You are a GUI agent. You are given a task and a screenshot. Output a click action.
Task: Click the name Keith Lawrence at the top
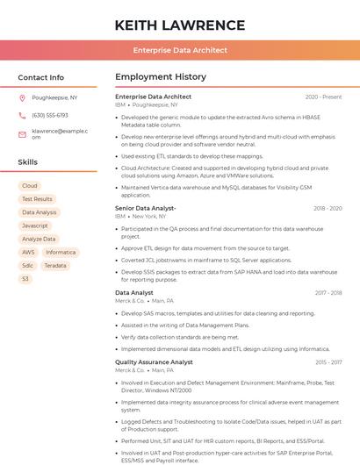pos(180,25)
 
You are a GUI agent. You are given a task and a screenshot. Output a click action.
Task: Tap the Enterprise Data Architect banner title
pos(180,51)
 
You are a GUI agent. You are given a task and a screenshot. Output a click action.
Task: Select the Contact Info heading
pos(41,77)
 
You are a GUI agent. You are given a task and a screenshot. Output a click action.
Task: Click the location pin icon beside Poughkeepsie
pos(23,98)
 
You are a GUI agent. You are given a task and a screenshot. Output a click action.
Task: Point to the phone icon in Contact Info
pos(23,116)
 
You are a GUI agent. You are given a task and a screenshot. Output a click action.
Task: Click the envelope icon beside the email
pos(23,133)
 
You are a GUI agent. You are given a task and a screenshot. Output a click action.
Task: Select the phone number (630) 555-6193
pos(50,116)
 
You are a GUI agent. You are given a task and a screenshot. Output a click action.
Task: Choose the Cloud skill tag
pos(30,186)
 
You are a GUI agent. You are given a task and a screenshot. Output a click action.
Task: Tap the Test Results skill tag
pos(37,199)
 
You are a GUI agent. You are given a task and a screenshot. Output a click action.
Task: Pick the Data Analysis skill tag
pos(40,212)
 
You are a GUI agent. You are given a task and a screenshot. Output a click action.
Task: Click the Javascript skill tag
pos(35,225)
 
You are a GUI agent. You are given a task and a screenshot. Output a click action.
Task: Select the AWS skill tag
pos(29,252)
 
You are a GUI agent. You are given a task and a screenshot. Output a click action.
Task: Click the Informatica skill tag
pos(61,252)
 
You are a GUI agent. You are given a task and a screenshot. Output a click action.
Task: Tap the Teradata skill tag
pos(55,265)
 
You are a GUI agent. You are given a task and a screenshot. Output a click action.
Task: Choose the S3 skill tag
pos(25,279)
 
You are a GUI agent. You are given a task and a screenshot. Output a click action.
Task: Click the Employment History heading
pos(161,77)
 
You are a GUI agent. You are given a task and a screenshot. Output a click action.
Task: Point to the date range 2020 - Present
pos(323,97)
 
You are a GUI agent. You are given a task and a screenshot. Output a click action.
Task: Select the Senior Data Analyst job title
pos(146,208)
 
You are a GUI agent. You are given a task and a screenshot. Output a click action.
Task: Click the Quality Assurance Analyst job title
pos(154,361)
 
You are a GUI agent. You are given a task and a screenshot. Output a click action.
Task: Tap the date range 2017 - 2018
pos(328,292)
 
